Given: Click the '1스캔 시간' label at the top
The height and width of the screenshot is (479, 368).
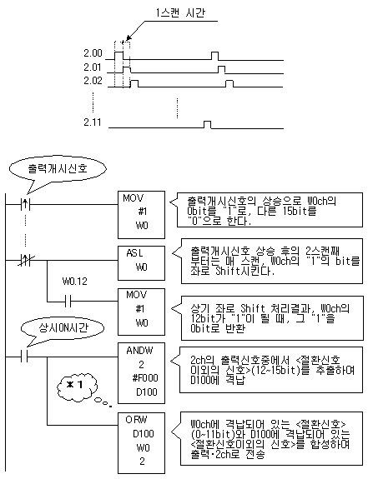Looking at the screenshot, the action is (180, 12).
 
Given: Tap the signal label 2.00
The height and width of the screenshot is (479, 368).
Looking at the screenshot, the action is (93, 53).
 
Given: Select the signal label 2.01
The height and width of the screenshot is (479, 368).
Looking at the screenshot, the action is (93, 67).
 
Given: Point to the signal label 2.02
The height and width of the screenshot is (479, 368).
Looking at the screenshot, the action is (93, 81).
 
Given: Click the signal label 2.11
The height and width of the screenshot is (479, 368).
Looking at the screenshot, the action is (93, 122).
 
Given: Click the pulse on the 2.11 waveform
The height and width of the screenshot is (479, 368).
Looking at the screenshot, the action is (208, 125).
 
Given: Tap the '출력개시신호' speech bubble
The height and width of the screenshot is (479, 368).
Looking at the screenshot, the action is (58, 169).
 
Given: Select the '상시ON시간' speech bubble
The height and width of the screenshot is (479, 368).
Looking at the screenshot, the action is (63, 328).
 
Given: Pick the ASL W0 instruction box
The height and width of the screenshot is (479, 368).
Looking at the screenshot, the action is (141, 261).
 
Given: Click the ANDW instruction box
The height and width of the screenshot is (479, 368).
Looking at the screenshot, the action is (141, 373).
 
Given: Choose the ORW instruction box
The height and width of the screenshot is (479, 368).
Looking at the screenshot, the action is (141, 443).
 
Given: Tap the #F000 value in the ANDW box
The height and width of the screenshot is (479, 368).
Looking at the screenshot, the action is (145, 378).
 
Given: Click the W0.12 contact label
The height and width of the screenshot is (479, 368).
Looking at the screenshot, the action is (75, 282).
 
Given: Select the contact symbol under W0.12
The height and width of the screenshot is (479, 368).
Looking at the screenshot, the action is (68, 302).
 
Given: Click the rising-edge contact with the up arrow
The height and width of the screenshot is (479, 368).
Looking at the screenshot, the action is (26, 204).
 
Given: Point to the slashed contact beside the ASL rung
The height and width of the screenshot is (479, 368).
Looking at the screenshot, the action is (26, 261).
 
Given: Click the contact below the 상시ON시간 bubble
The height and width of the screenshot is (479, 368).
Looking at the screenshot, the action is (24, 357).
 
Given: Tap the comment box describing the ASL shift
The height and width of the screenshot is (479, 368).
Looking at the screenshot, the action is (272, 262).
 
